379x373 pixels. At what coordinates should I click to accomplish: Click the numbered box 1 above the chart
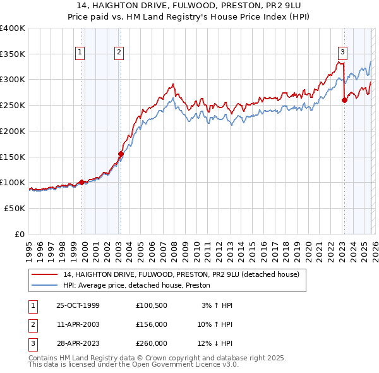pyautogui.click(x=81, y=53)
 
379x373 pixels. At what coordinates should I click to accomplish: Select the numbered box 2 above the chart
pyautogui.click(x=119, y=53)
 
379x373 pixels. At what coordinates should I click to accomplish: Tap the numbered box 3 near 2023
pyautogui.click(x=342, y=52)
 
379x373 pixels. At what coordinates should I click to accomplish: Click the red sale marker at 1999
pyautogui.click(x=82, y=182)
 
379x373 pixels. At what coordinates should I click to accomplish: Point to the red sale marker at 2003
pyautogui.click(x=121, y=154)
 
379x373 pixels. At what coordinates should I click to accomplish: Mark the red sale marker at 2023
pyautogui.click(x=344, y=100)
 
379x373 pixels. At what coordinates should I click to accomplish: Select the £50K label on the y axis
pyautogui.click(x=15, y=208)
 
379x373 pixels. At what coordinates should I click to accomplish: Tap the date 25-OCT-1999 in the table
pyautogui.click(x=78, y=305)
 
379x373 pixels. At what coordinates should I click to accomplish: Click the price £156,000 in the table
pyautogui.click(x=152, y=324)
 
